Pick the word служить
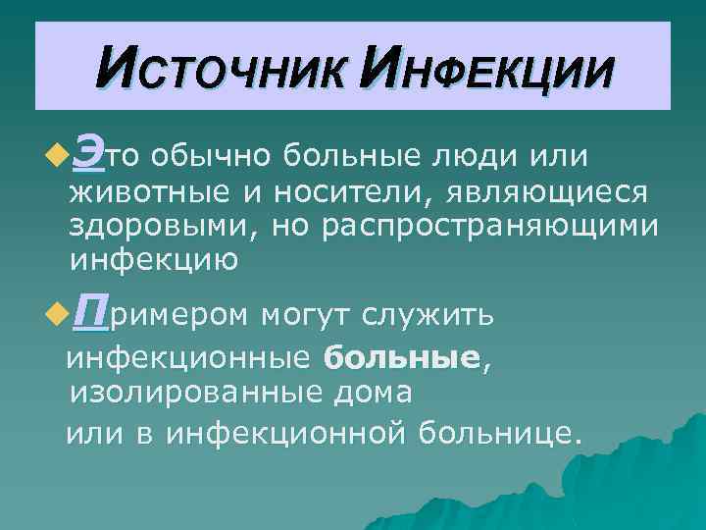click(x=434, y=316)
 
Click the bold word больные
click(x=403, y=358)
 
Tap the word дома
click(x=381, y=394)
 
